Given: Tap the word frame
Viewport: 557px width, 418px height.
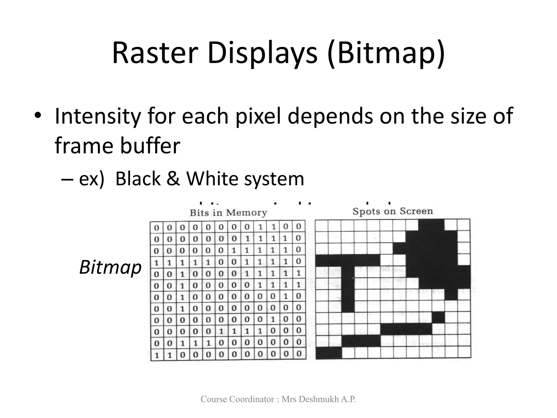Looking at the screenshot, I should pyautogui.click(x=84, y=146).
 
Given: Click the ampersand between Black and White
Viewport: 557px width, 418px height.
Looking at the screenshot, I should pyautogui.click(x=173, y=179).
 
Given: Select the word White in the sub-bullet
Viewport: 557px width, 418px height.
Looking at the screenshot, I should pyautogui.click(x=212, y=179).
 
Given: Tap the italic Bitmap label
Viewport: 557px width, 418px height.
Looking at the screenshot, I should pyautogui.click(x=110, y=267).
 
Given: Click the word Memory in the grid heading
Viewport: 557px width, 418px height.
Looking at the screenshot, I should pyautogui.click(x=246, y=213).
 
